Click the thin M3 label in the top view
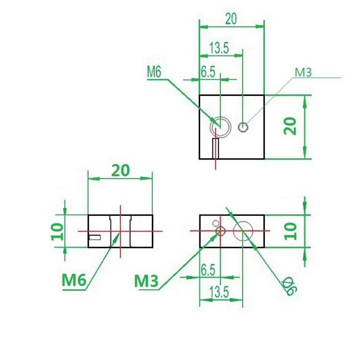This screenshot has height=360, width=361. coord(303,73)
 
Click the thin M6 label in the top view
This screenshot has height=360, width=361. coord(154,72)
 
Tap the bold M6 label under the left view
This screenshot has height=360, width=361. coord(74,280)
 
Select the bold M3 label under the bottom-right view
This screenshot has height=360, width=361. coord(146,281)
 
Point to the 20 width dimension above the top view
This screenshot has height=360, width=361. coord(231,19)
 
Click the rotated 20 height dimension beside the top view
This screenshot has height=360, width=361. coord(290,126)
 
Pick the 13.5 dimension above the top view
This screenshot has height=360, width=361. coord(219,48)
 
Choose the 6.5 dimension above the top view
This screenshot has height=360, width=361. coord(208,72)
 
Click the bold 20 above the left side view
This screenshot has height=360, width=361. coord(120,171)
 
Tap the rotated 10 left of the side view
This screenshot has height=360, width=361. coord(57,232)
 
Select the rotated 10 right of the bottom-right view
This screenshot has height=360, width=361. coord(291,231)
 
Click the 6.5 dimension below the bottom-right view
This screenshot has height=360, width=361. coord(208,270)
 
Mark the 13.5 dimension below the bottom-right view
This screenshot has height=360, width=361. coord(219,292)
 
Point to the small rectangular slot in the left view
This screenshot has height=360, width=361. coord(95,237)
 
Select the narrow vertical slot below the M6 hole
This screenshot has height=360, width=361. coord(216,149)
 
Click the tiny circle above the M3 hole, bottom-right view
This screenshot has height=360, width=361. coord(216,223)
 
